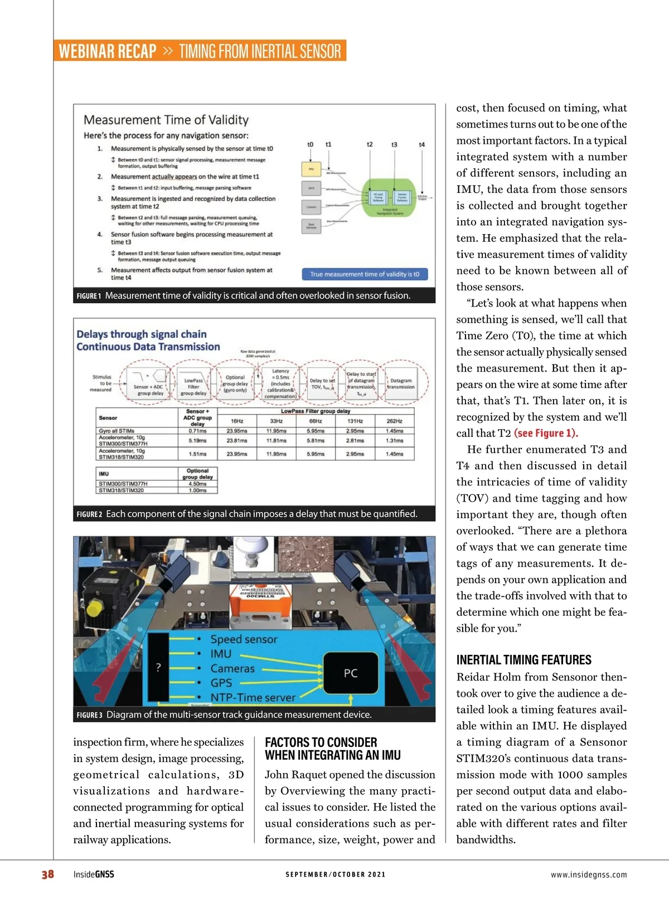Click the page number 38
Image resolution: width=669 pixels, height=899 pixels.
47,874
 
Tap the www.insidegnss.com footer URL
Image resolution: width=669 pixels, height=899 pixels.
588,874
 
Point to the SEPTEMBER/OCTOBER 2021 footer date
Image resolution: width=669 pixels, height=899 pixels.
335,874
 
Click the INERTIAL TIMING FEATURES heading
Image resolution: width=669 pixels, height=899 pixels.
523,660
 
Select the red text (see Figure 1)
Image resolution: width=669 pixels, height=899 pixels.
546,433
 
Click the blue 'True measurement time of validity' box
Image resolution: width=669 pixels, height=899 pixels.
365,274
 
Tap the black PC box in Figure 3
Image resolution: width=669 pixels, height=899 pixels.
350,673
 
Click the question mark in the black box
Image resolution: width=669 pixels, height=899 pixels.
158,667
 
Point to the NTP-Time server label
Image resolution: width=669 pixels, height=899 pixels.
253,697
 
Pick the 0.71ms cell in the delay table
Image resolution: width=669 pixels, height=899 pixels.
197,431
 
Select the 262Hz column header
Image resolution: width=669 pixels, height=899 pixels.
394,421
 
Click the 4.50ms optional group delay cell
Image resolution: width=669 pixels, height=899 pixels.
197,484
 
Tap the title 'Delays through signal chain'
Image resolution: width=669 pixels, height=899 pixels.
142,334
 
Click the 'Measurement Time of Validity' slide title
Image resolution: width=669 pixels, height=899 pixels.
166,120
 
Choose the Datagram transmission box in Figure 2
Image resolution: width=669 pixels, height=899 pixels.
401,383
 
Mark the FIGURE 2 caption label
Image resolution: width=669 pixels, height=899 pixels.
89,514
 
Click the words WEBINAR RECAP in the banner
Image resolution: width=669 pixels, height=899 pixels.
108,51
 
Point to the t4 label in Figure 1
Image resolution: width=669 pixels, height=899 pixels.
421,145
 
